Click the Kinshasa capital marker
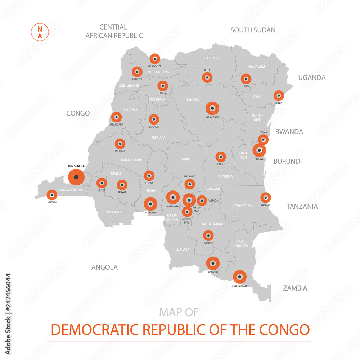76,177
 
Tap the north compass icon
40,32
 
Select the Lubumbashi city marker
239,277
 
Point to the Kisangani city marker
212,108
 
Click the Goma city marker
264,140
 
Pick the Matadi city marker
52,195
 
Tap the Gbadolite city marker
155,59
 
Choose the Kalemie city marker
266,198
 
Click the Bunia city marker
278,95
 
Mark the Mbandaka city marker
116,117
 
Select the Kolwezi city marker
213,263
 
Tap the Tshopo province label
193,100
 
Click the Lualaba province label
182,249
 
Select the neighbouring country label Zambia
295,288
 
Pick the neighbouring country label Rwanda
289,131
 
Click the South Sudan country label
253,30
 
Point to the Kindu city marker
221,157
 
